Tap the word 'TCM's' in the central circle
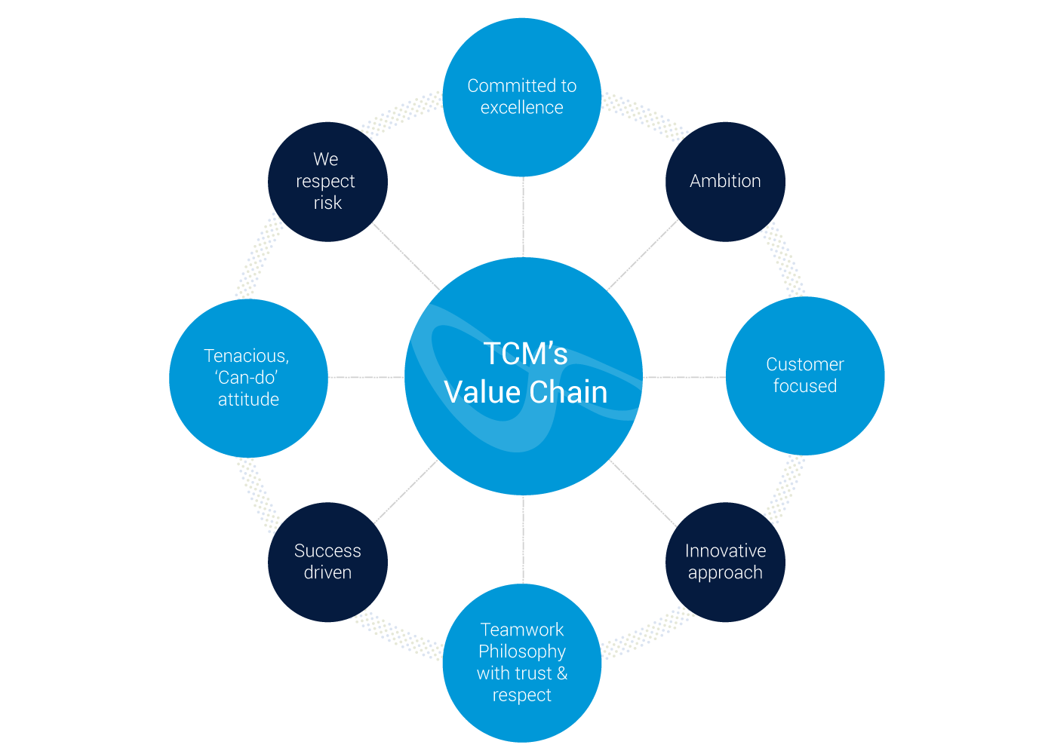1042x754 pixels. pos(525,354)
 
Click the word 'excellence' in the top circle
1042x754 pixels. pos(521,108)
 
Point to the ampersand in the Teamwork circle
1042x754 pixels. pos(562,673)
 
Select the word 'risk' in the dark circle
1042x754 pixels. pos(327,203)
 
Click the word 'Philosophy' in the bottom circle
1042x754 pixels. pos(521,651)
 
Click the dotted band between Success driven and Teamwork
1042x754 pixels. pos(397,636)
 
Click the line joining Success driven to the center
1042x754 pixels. pos(405,492)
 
